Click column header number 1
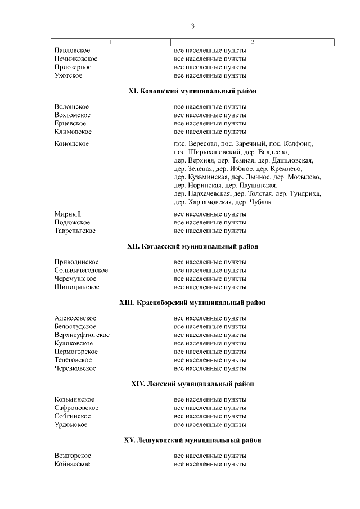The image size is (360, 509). click(x=111, y=42)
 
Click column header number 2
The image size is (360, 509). click(x=252, y=42)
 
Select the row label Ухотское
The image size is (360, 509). click(x=69, y=75)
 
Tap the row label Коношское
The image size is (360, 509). click(x=71, y=144)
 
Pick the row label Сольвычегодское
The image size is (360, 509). click(x=82, y=271)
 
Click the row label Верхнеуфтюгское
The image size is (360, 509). click(x=82, y=335)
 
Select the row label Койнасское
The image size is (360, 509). click(x=72, y=464)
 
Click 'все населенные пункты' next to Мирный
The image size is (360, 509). click(x=210, y=214)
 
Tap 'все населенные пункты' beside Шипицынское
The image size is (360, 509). click(x=210, y=287)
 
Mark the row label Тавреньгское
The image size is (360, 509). click(x=75, y=231)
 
